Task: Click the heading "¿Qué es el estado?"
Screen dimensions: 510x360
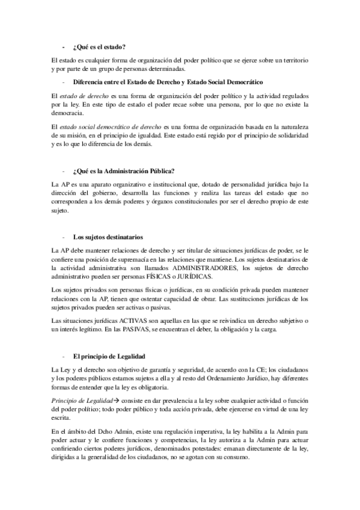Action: coord(99,46)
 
